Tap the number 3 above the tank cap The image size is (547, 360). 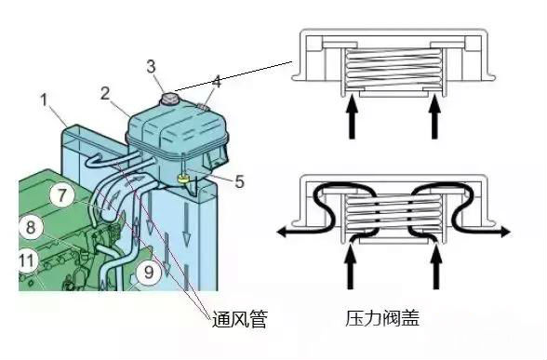[x=153, y=66]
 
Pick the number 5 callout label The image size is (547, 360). [x=239, y=181]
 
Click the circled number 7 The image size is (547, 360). [x=60, y=196]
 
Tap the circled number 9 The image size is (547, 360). [x=148, y=273]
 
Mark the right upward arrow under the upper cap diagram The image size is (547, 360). [x=434, y=119]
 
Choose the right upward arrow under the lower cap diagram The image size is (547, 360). [x=434, y=270]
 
